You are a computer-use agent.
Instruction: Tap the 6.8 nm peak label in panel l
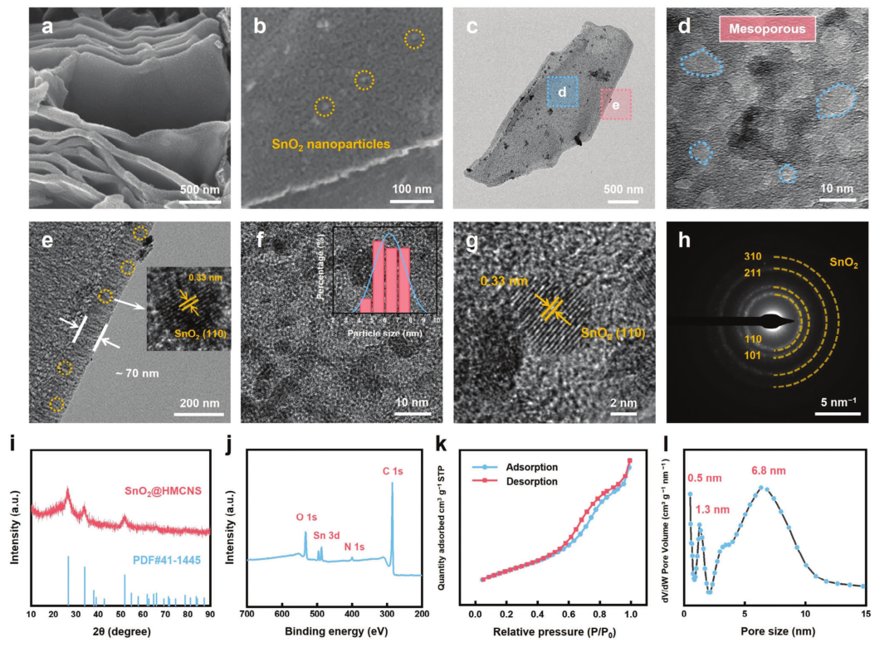click(766, 473)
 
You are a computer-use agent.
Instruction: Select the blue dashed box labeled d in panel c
click(562, 93)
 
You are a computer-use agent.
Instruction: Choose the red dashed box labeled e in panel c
click(615, 105)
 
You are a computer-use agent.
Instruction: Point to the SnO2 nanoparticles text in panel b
click(331, 144)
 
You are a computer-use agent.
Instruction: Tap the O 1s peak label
click(306, 517)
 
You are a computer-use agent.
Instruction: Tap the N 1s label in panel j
click(354, 547)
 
